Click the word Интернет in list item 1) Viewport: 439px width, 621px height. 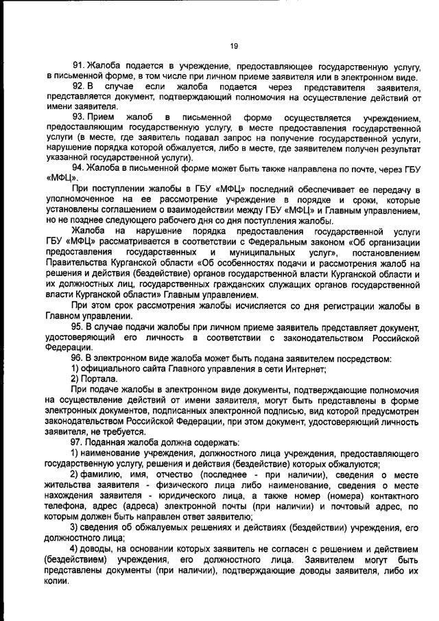(304, 369)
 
